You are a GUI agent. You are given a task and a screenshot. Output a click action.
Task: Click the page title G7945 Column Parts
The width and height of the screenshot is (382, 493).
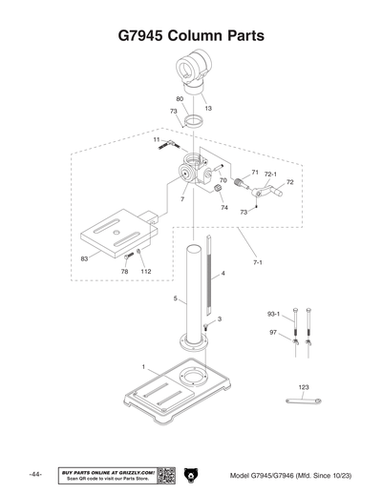point(191,36)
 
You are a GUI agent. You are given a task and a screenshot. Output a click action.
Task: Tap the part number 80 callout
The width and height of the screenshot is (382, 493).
point(180,98)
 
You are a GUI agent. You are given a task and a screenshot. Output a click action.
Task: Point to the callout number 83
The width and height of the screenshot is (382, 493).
point(84,258)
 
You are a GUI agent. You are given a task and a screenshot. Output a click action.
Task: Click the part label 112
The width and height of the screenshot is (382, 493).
point(145,272)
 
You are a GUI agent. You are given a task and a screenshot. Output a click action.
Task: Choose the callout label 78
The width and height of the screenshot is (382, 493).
point(124,272)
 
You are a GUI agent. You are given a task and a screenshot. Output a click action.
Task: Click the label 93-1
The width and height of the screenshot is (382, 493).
point(273,314)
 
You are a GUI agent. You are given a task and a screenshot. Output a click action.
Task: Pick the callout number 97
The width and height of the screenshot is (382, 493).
point(273,332)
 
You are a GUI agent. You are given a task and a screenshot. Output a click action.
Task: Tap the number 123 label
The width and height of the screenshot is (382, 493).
point(304,386)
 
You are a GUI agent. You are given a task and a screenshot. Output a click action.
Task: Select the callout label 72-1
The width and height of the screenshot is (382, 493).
point(270,175)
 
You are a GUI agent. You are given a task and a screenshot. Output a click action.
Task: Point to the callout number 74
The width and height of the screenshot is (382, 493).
point(224,207)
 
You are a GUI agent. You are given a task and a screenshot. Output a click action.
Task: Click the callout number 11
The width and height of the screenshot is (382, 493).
point(155,139)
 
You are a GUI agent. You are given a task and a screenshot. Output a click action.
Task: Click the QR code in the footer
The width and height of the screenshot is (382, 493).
point(165,475)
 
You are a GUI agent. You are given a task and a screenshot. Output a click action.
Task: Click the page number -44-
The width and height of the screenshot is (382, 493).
point(35,475)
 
